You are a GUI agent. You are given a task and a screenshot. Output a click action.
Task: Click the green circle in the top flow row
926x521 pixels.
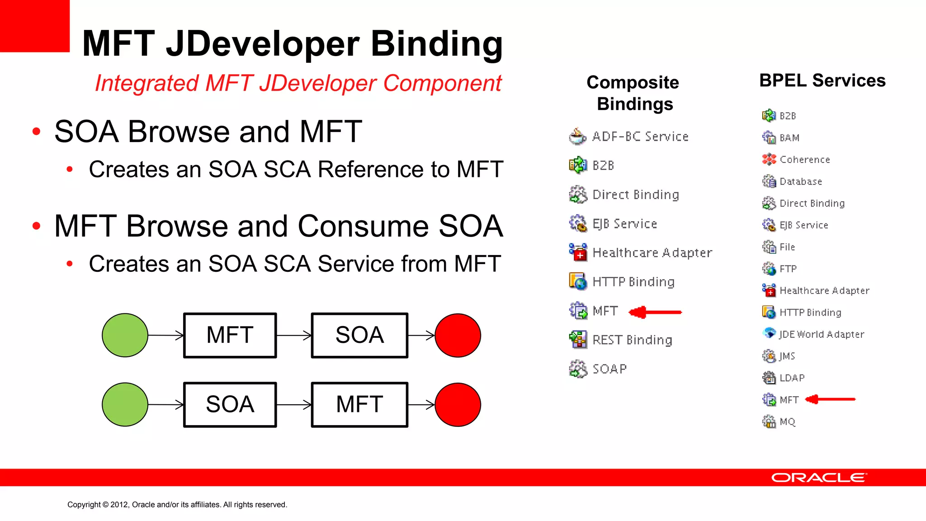tap(125, 335)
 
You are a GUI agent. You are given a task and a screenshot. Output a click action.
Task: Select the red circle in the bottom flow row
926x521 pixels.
tap(458, 405)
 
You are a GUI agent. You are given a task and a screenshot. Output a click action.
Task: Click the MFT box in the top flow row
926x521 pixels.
tap(230, 335)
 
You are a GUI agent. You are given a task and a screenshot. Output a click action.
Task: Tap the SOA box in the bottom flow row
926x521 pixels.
tap(230, 405)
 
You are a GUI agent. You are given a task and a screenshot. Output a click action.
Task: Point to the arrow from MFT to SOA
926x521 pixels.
tap(293, 335)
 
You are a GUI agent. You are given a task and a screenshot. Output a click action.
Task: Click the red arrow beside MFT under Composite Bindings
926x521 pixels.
tap(656, 312)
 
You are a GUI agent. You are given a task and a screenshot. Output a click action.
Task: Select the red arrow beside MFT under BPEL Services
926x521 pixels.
tap(831, 399)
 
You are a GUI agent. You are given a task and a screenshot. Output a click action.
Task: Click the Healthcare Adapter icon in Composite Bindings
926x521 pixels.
tap(578, 252)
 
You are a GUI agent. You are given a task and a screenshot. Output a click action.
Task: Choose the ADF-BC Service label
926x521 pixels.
tap(640, 137)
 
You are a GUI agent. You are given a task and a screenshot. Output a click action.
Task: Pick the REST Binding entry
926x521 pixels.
tap(632, 340)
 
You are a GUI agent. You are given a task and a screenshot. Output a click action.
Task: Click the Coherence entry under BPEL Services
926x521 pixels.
tap(805, 160)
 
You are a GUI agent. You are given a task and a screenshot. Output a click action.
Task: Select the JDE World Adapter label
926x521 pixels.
tap(822, 334)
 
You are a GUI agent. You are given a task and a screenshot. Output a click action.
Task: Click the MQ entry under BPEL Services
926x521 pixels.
tap(787, 422)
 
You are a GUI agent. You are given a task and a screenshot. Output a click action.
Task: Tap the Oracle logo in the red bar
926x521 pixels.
tap(819, 478)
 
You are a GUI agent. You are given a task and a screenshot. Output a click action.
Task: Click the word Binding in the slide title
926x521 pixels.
tap(437, 44)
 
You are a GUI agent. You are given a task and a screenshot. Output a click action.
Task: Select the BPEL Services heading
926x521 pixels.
tap(822, 81)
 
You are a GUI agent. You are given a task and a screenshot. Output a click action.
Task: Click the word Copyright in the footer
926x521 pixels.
tap(84, 505)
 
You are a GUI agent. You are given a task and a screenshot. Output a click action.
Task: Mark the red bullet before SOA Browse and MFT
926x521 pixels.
tap(37, 132)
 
